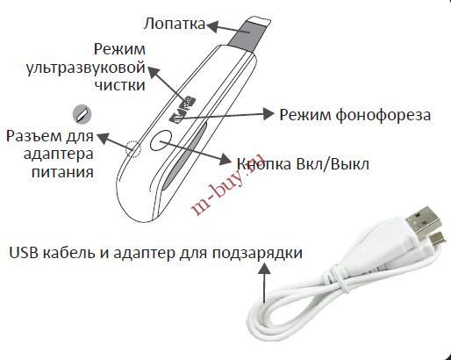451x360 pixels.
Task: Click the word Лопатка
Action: tap(174, 24)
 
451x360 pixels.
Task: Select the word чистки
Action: tap(120, 85)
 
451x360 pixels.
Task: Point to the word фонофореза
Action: tap(383, 115)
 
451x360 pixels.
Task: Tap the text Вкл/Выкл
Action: tap(333, 164)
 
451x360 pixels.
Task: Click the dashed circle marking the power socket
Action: tap(133, 149)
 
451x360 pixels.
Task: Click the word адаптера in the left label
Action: tap(59, 154)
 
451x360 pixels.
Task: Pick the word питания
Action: tap(62, 172)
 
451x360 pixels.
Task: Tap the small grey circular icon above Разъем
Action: tap(82, 114)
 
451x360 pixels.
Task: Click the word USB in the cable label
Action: tap(24, 253)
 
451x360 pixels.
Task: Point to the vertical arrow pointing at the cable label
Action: tap(265, 283)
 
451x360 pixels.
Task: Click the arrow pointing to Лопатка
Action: tap(228, 28)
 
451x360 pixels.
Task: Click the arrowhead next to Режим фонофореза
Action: tap(268, 113)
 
